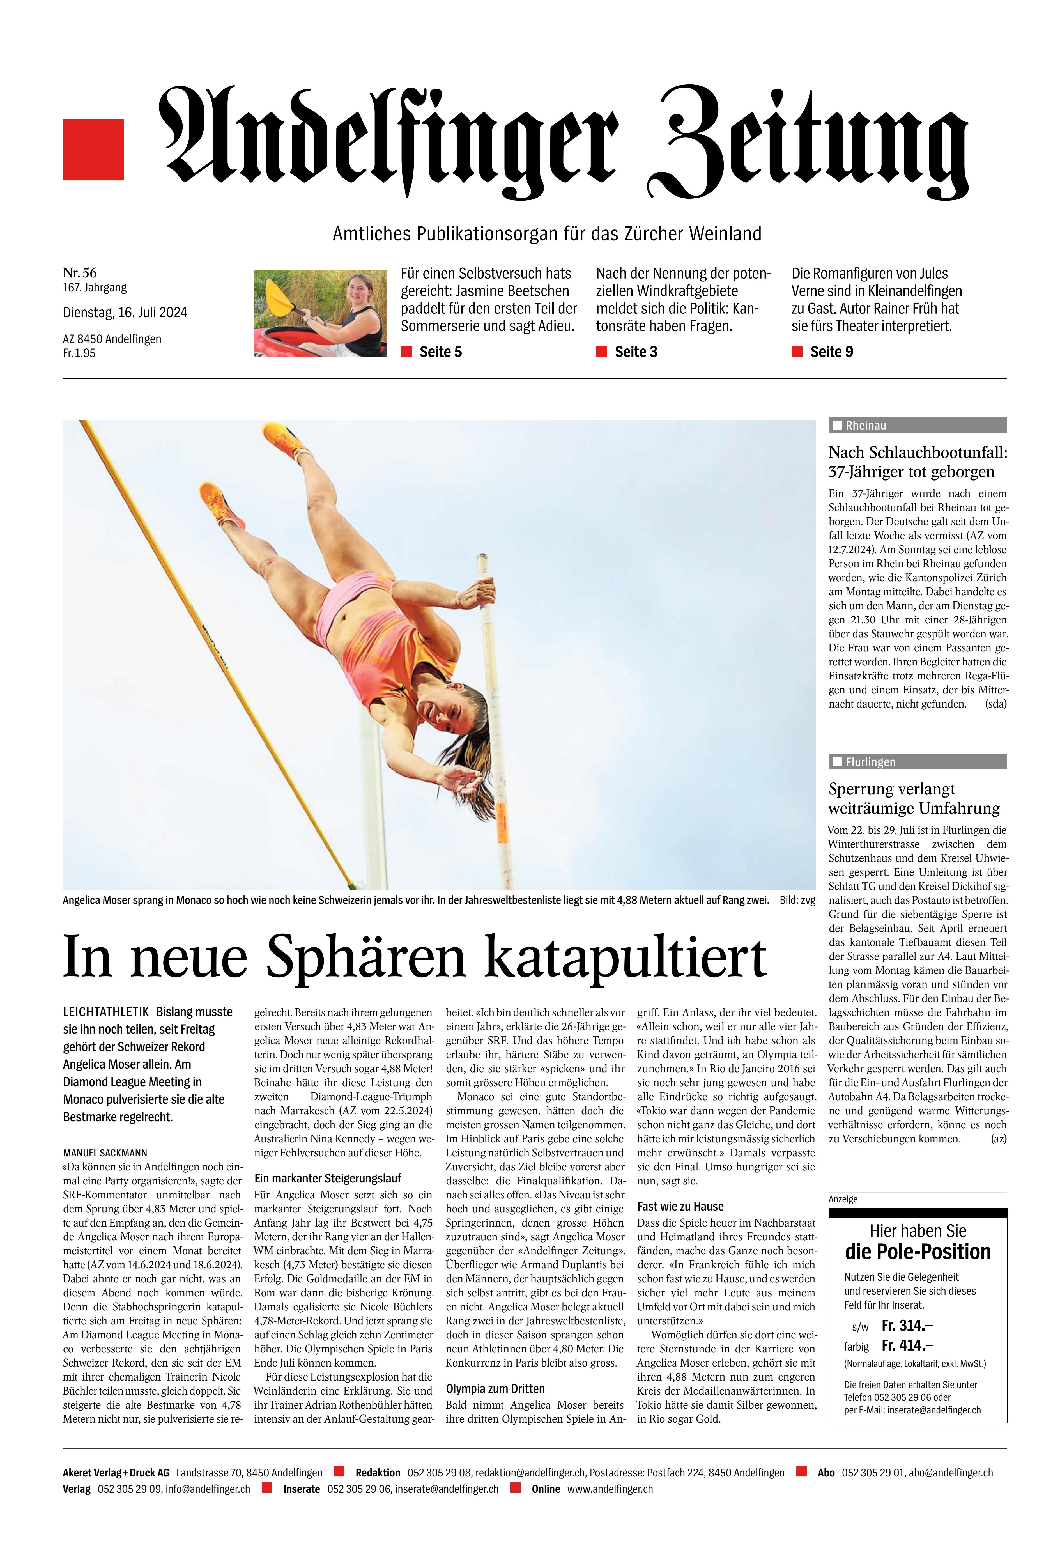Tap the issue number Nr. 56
click(80, 272)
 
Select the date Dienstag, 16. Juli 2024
click(125, 312)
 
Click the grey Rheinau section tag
click(917, 425)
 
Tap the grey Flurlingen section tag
click(917, 762)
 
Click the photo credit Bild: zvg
click(797, 900)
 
